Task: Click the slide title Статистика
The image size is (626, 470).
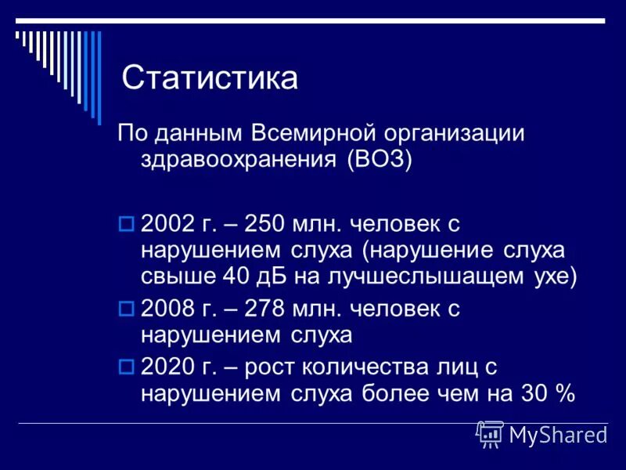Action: pos(210,78)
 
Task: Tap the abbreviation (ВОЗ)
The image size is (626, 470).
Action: pos(380,159)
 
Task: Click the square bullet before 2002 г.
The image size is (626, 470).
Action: pos(126,224)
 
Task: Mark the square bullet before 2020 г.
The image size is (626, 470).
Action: pos(126,367)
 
